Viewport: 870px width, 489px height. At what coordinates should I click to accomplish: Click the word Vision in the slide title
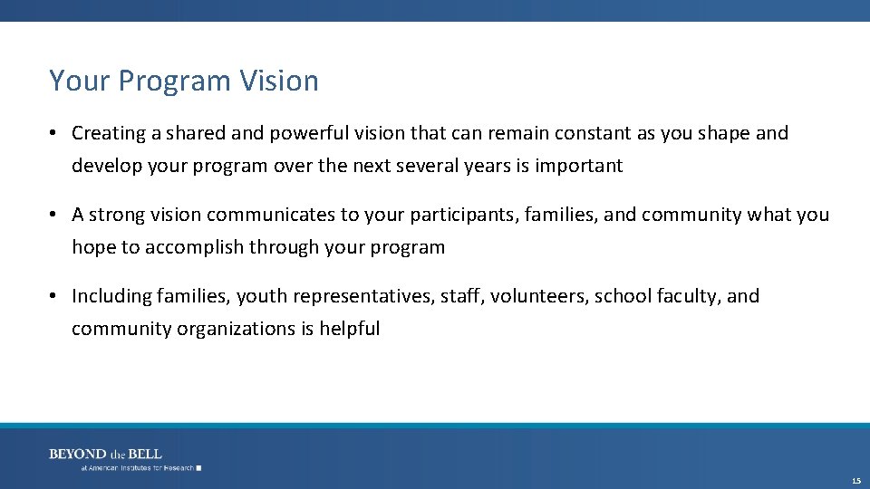279,81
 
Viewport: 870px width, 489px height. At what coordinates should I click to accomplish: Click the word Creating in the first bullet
109,134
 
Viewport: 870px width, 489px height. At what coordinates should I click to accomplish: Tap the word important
578,167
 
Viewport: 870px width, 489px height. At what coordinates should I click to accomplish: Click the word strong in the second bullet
117,216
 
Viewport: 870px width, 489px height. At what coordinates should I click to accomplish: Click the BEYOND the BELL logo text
105,454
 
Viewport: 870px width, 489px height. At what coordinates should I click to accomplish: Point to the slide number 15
856,480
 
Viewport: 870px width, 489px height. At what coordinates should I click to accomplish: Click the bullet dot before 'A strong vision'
54,216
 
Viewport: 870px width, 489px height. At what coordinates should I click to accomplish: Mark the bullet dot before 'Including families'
54,297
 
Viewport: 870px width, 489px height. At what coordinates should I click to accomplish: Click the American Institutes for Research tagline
138,468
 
